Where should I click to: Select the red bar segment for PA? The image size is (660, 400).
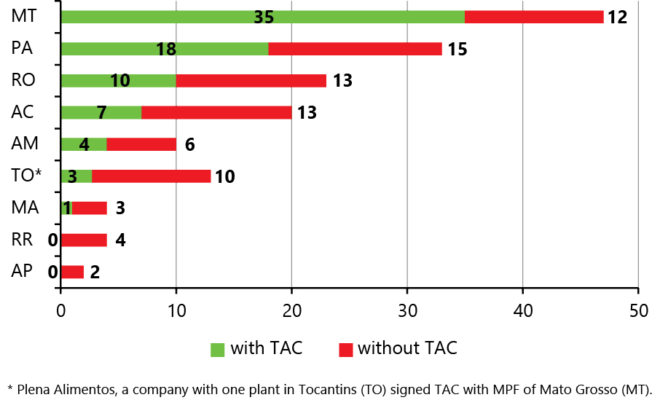point(355,49)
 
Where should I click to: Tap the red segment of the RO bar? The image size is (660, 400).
point(251,80)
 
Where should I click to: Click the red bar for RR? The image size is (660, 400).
point(84,240)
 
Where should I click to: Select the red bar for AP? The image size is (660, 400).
point(72,272)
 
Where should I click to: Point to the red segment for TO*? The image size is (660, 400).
point(151,176)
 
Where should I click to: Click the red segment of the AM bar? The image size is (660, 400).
point(141,144)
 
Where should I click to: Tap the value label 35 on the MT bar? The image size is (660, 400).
point(264,17)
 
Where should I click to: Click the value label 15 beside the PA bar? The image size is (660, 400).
point(457,50)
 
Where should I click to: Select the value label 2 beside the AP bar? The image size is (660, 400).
point(95,272)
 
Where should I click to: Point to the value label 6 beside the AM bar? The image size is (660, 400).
point(189,145)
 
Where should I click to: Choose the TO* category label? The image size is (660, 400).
point(27,176)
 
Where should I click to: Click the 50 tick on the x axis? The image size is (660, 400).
point(637,310)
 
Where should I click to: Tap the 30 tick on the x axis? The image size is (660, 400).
point(407,310)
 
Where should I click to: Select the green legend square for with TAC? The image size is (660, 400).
point(218,349)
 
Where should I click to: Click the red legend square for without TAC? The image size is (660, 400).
point(345,349)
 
